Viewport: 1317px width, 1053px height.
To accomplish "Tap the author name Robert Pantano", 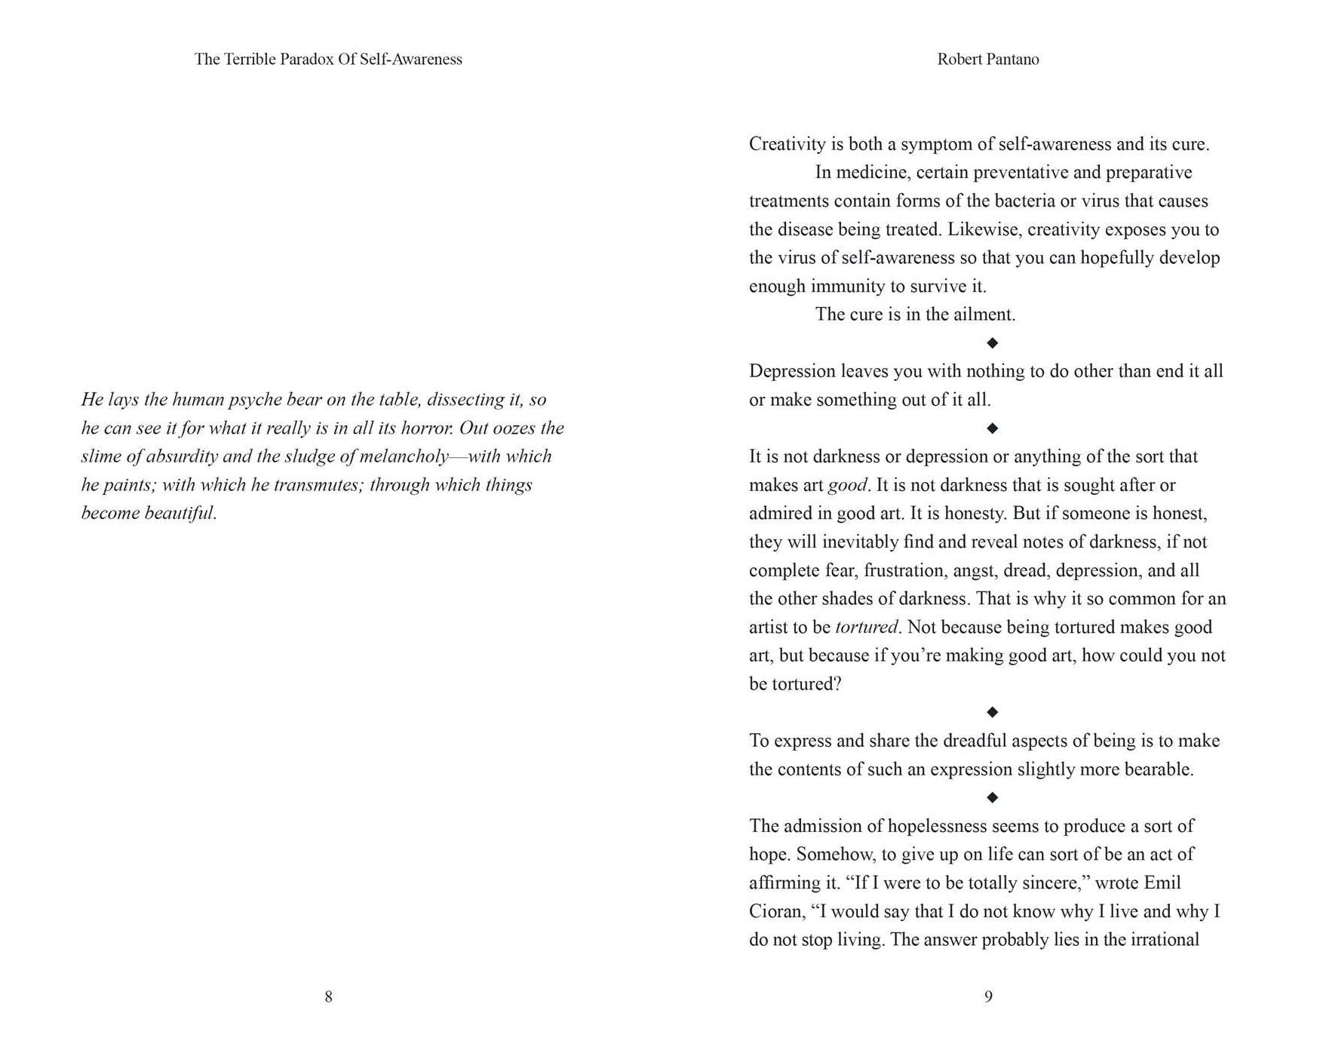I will [987, 59].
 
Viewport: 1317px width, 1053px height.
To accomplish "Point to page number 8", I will [328, 996].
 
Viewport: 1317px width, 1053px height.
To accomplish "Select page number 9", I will [988, 996].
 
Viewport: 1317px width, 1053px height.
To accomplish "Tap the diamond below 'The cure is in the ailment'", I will [993, 342].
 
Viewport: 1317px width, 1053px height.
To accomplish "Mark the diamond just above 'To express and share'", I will [993, 712].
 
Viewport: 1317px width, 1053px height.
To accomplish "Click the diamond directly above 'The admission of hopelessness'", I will [993, 797].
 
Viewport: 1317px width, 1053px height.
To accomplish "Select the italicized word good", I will [848, 486].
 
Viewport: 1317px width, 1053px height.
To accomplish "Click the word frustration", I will [904, 570].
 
